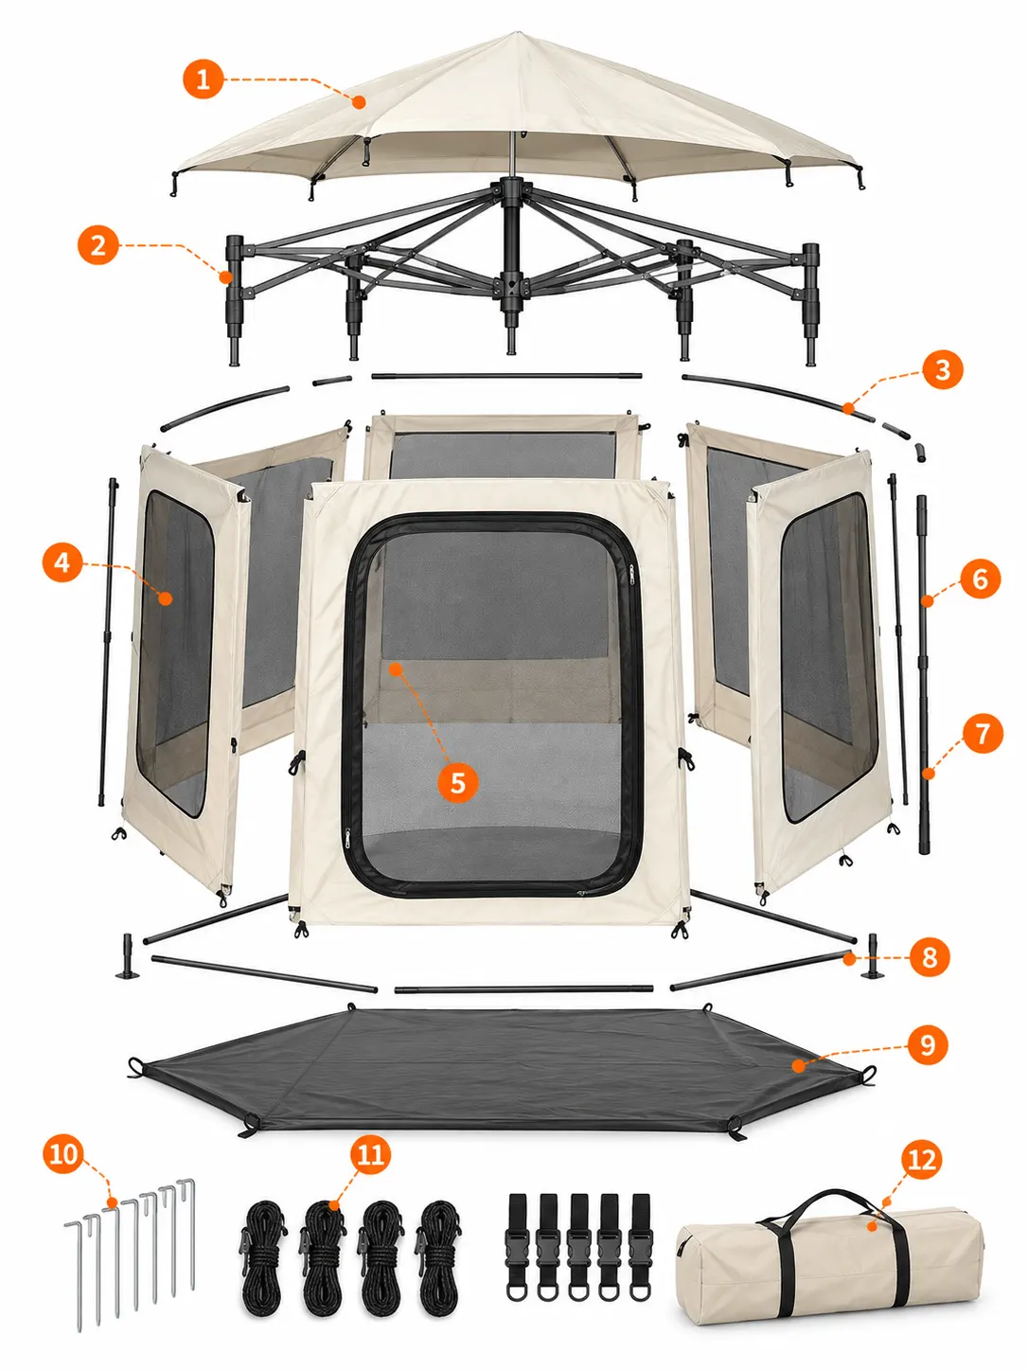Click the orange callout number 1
click(x=203, y=79)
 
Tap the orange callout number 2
click(x=98, y=245)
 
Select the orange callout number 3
click(x=943, y=370)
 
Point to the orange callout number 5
click(x=457, y=782)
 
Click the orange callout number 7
click(x=982, y=733)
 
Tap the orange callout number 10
click(x=63, y=1154)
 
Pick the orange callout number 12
click(x=922, y=1160)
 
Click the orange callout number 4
click(x=62, y=562)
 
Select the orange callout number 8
click(x=930, y=956)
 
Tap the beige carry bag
click(x=830, y=1255)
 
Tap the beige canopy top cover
click(x=516, y=113)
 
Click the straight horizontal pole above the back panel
click(x=506, y=376)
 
